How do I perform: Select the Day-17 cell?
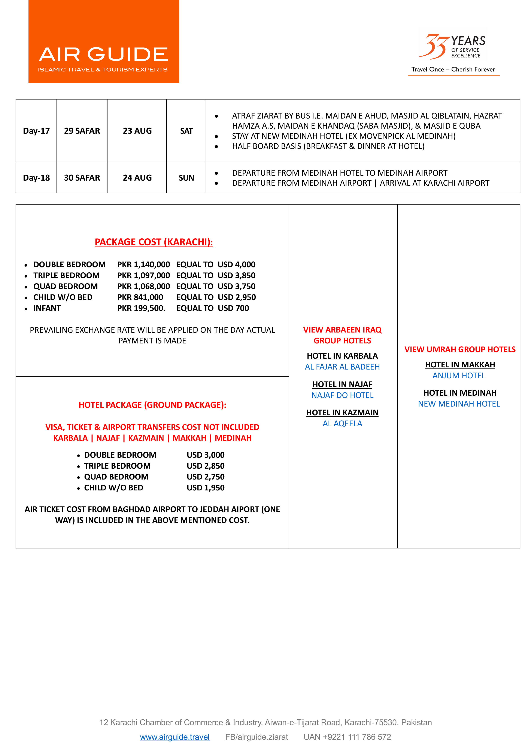pos(36,131)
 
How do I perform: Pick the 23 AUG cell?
pos(137,131)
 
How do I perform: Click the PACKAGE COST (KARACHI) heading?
pos(154,242)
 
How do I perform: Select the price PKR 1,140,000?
pos(143,264)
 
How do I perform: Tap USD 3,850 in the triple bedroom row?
pos(236,275)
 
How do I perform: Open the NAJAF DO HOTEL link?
pos(342,395)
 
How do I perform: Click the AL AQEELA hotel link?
pos(342,423)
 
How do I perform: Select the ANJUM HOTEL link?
pos(459,376)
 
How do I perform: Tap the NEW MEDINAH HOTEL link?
pos(459,404)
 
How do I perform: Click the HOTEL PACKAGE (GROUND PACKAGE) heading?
pos(152,405)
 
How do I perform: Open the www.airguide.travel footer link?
pos(175,737)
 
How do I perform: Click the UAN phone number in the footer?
pos(347,737)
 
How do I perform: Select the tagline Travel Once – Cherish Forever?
pos(453,69)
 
